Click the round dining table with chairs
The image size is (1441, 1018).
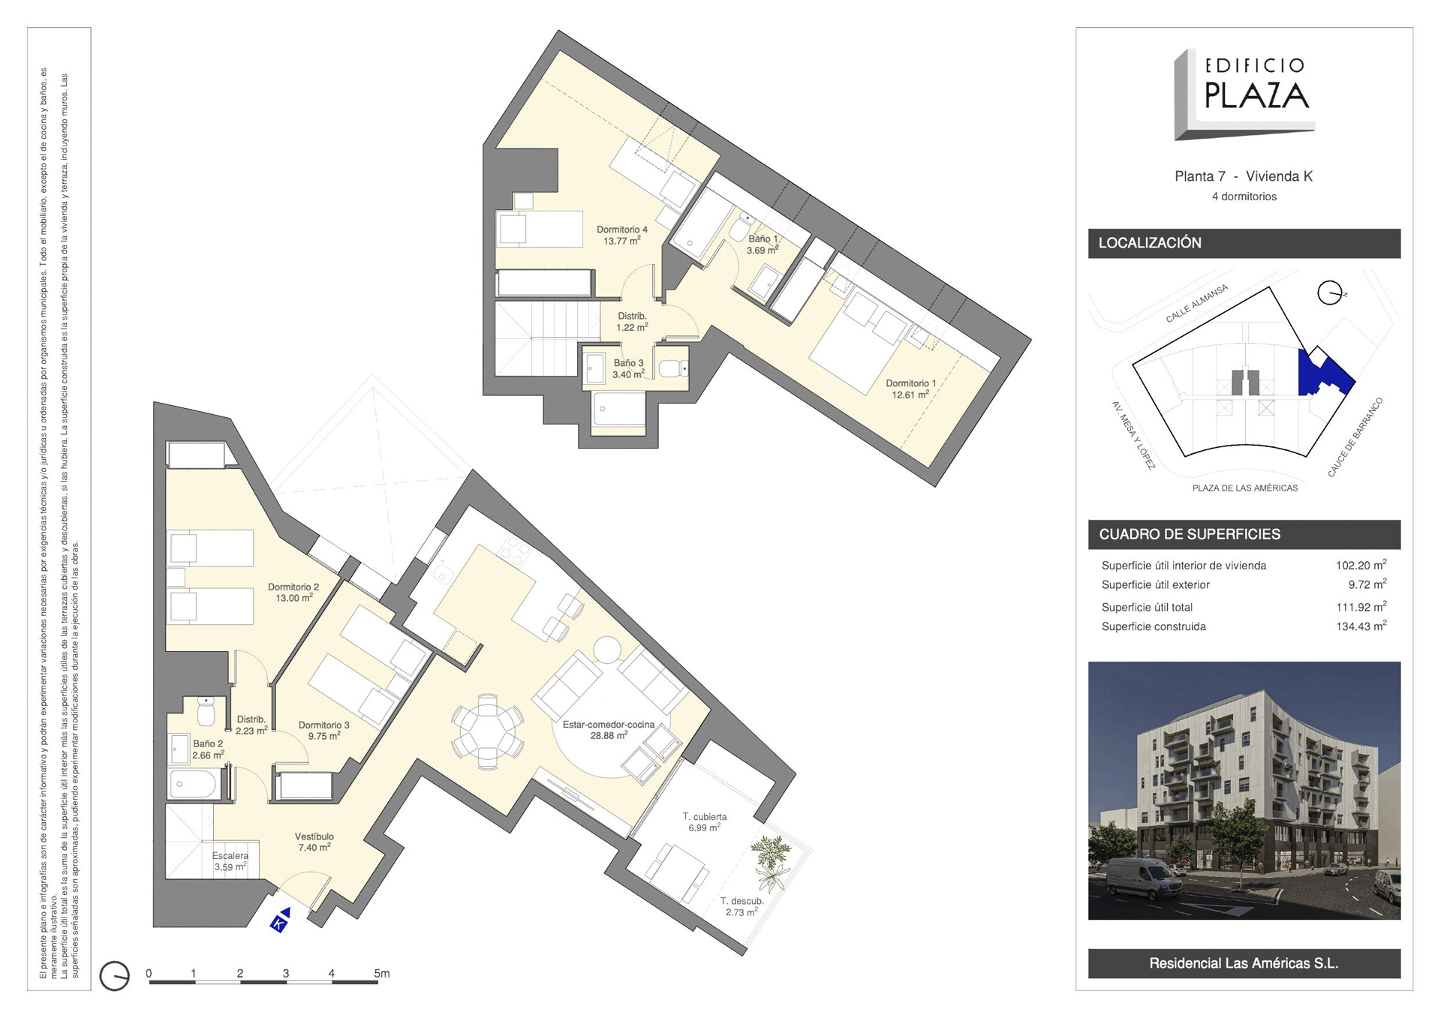tap(488, 731)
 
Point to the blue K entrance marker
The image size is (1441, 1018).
tap(281, 920)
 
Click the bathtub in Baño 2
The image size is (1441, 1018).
tap(194, 785)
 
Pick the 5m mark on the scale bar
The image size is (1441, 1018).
tap(382, 973)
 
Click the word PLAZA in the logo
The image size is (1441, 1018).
tap(1256, 95)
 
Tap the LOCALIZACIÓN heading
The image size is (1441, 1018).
tap(1150, 243)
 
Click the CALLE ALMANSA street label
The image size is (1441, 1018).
tap(1196, 303)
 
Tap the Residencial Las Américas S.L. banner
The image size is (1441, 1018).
tap(1244, 963)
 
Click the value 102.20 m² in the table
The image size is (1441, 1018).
tap(1361, 565)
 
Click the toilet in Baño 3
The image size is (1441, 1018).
tap(673, 368)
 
